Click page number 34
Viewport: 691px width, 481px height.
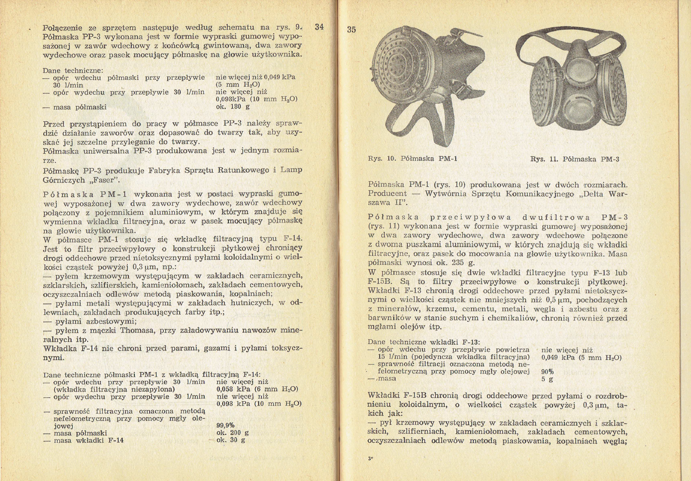click(x=319, y=27)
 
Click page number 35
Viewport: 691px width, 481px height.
click(x=351, y=30)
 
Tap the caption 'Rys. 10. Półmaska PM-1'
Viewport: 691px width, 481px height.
click(x=412, y=159)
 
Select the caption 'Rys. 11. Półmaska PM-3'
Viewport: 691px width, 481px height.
click(x=575, y=159)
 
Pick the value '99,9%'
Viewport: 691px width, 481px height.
click(x=226, y=426)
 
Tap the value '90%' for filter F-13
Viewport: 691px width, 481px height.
click(x=547, y=372)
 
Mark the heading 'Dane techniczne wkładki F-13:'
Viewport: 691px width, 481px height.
click(x=424, y=342)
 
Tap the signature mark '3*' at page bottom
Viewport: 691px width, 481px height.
click(x=370, y=459)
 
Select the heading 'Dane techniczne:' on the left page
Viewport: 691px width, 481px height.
click(x=72, y=71)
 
